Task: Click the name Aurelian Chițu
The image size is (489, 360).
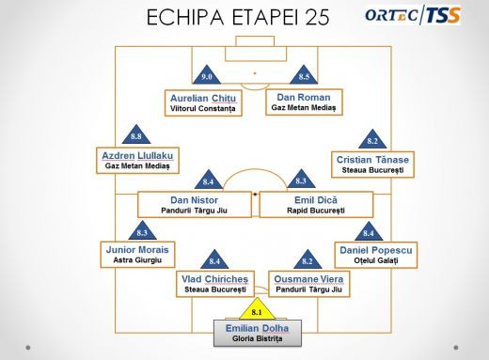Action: tap(204, 97)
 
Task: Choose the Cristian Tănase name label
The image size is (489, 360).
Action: tap(372, 160)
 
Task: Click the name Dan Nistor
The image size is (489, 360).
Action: tap(194, 199)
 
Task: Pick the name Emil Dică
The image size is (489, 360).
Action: tap(316, 199)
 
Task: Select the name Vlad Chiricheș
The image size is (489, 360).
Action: tap(215, 278)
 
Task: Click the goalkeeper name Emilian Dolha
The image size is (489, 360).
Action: tap(257, 327)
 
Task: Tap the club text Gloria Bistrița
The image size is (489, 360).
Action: tap(257, 339)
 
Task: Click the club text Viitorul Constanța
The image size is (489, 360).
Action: tap(204, 109)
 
